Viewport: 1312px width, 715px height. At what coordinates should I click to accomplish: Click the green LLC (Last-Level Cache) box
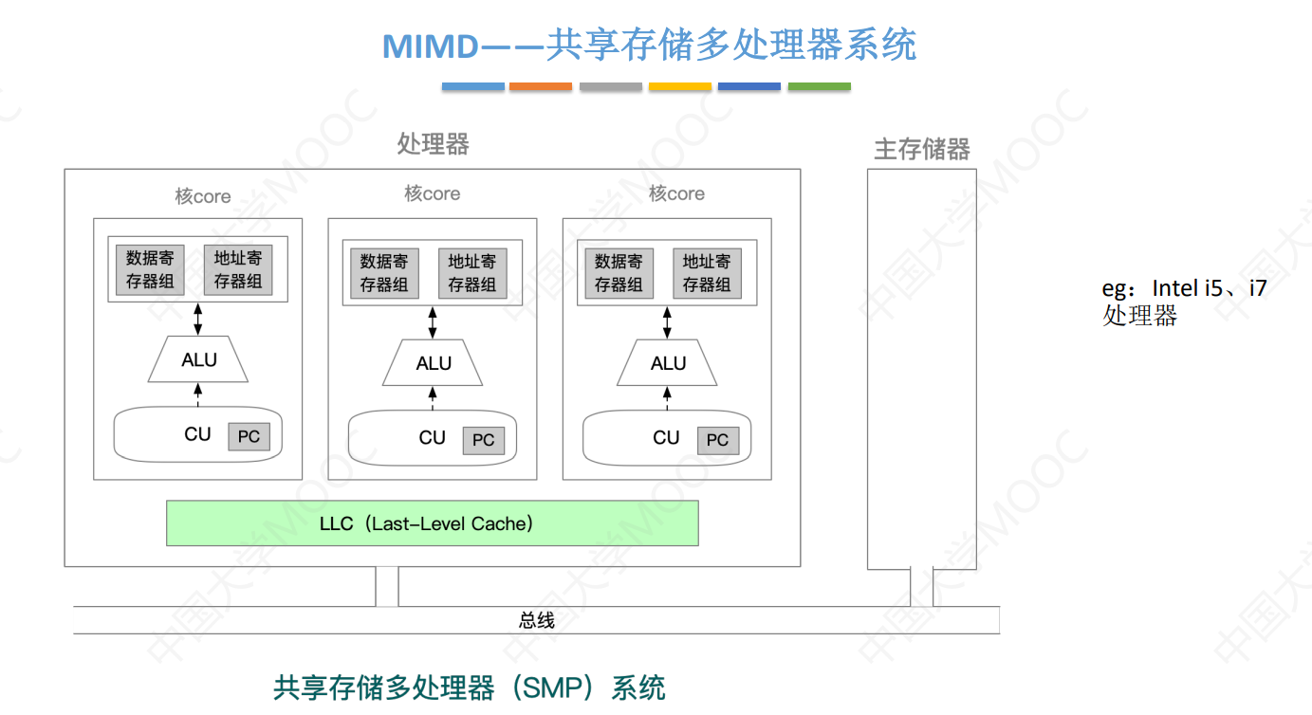point(432,523)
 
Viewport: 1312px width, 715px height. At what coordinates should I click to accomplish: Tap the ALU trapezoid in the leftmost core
point(198,359)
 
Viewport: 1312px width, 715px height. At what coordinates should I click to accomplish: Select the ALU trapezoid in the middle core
point(433,363)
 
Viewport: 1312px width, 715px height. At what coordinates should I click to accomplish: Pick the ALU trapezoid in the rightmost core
point(667,363)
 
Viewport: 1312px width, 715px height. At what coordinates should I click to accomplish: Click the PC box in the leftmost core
point(249,436)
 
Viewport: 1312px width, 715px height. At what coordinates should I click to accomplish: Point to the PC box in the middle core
point(483,440)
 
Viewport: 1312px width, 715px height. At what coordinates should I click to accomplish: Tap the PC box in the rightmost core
point(717,440)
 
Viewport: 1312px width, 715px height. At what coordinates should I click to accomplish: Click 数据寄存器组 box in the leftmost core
point(150,269)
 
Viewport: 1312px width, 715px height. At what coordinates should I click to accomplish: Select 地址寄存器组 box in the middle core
point(471,273)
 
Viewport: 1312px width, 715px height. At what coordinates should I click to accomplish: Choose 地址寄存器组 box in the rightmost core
point(706,273)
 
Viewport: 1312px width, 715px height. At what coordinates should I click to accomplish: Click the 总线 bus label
point(537,621)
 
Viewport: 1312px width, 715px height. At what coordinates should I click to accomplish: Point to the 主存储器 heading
point(921,150)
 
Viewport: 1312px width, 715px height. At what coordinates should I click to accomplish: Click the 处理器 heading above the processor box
point(433,144)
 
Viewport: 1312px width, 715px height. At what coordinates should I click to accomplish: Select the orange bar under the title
point(540,87)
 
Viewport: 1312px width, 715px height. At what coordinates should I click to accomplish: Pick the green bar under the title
point(819,87)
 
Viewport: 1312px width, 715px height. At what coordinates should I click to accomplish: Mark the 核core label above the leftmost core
point(202,196)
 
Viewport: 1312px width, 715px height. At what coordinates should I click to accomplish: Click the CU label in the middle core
point(432,437)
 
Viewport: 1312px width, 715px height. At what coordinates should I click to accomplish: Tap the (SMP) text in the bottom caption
point(552,687)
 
